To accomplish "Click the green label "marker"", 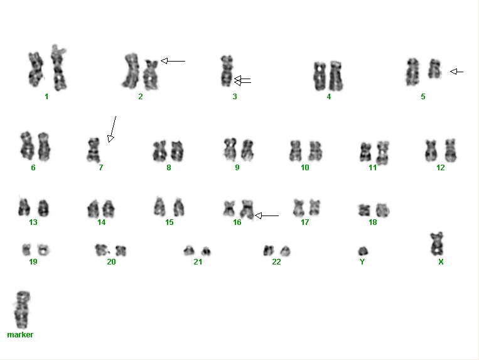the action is [x=20, y=335].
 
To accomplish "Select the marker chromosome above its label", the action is [x=22, y=310].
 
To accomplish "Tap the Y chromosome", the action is [x=363, y=251].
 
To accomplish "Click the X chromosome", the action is [x=437, y=244].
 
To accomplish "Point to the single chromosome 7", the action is [x=94, y=150].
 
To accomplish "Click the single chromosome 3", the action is [x=227, y=71].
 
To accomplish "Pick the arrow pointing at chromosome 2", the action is [x=173, y=61].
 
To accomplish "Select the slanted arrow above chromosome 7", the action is [x=112, y=129].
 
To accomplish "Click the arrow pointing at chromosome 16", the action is [x=267, y=215].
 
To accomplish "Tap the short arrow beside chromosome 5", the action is [x=456, y=72].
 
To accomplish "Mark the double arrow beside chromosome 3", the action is [x=242, y=80].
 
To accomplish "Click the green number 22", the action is [x=276, y=262].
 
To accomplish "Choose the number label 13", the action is [x=33, y=222].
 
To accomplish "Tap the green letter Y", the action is [x=362, y=262].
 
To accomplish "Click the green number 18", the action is [x=373, y=222].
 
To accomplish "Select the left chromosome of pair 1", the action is [x=36, y=69].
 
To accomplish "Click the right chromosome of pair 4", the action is [x=335, y=76].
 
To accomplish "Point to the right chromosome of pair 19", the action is [x=43, y=250].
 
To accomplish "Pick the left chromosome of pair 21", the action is [x=189, y=251].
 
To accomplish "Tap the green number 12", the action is [x=441, y=168].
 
